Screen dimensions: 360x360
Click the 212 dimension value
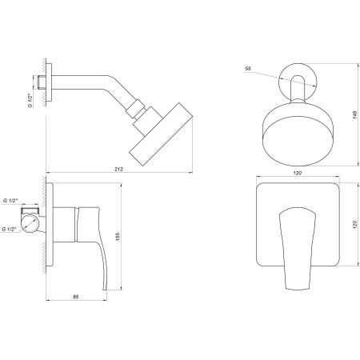pyautogui.click(x=118, y=169)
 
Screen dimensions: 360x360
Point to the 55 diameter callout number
pyautogui.click(x=248, y=69)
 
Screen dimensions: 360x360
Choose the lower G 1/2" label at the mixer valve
pyautogui.click(x=11, y=230)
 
